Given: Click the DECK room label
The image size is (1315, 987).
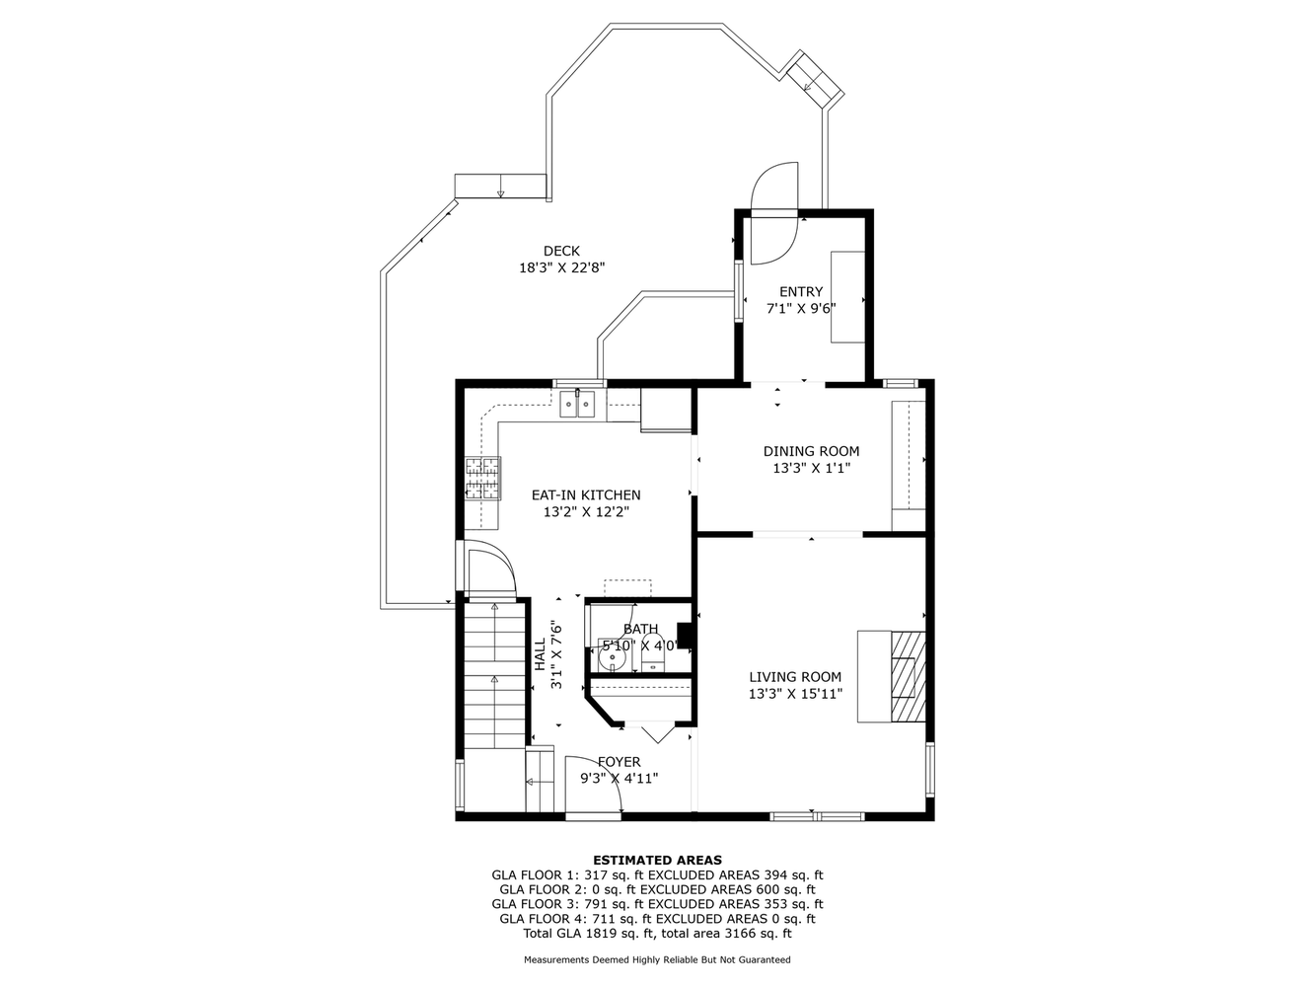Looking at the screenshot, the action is pyautogui.click(x=561, y=251).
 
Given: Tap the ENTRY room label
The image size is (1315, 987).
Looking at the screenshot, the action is pyautogui.click(x=801, y=292).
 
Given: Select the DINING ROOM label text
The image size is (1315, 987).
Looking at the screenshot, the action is pyautogui.click(x=811, y=451).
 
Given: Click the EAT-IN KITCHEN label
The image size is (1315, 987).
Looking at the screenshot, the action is pyautogui.click(x=586, y=495).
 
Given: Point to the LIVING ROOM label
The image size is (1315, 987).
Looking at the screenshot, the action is pyautogui.click(x=795, y=677).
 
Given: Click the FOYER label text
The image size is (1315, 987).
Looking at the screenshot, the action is pyautogui.click(x=619, y=762).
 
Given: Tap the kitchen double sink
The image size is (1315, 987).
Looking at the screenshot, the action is pyautogui.click(x=577, y=404).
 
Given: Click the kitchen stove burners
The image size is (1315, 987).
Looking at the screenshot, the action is pyautogui.click(x=482, y=478).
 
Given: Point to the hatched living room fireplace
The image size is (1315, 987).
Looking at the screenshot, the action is pyautogui.click(x=908, y=676).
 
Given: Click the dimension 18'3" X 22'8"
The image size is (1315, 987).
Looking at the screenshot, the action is pyautogui.click(x=561, y=267).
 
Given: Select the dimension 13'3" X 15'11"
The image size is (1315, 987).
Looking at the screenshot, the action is pyautogui.click(x=795, y=694).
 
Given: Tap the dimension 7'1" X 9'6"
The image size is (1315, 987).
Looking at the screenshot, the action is pyautogui.click(x=801, y=309).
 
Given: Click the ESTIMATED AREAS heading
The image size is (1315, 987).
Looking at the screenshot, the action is pyautogui.click(x=657, y=860).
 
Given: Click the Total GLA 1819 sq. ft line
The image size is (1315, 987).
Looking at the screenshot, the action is pyautogui.click(x=657, y=933).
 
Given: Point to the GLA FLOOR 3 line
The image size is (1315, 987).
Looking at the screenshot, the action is pyautogui.click(x=657, y=904).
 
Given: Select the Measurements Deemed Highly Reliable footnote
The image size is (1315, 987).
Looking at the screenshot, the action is pyautogui.click(x=657, y=959).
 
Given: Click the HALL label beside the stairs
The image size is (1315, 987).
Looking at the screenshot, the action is pyautogui.click(x=540, y=654).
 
